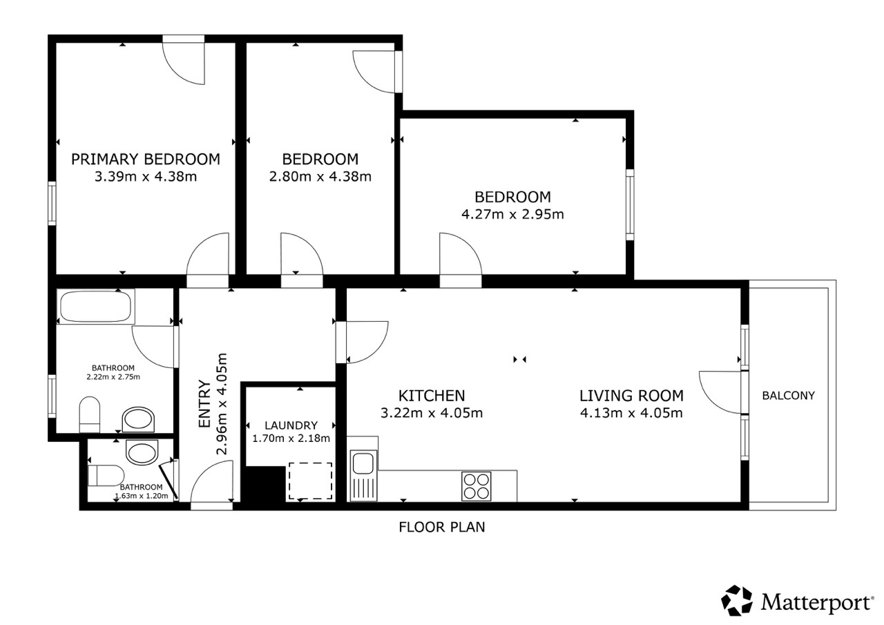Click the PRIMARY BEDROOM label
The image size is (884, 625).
[146, 159]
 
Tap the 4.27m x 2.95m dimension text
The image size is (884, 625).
[512, 214]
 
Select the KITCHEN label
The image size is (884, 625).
[432, 395]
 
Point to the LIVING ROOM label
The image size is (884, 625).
[631, 395]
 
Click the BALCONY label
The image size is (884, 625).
[788, 395]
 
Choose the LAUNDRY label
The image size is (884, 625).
[291, 425]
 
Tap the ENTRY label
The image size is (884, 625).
[204, 403]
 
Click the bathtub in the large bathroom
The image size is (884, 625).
[95, 307]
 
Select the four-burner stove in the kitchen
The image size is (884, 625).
[477, 486]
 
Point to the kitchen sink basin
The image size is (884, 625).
[363, 463]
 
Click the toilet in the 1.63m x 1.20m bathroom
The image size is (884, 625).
[106, 475]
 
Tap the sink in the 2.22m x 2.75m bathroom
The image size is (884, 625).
[138, 419]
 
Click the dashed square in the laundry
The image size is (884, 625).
[310, 481]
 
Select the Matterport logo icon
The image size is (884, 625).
[737, 600]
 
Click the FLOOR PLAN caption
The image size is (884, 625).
[441, 527]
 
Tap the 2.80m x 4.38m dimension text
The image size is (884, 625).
[320, 176]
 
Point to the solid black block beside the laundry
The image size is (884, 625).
[263, 484]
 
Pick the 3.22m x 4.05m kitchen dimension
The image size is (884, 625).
[432, 413]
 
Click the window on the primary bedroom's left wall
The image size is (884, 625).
[52, 203]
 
